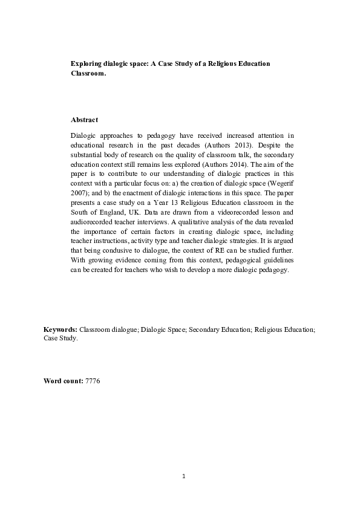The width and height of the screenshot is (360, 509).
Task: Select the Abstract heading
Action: pyautogui.click(x=85, y=120)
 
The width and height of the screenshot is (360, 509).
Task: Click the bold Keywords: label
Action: pyautogui.click(x=61, y=329)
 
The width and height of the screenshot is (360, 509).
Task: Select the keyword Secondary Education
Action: pyautogui.click(x=221, y=329)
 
